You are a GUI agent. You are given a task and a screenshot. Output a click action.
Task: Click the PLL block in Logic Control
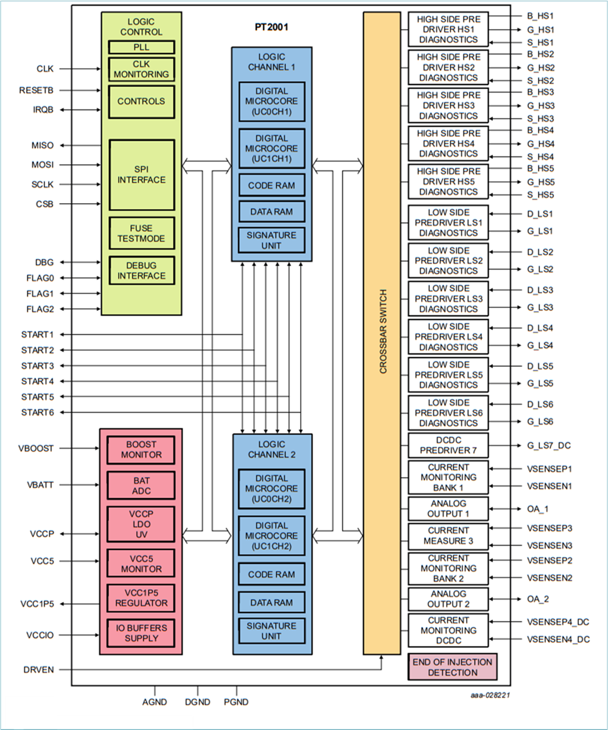(x=141, y=47)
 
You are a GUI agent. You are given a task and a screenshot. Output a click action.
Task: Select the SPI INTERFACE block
(x=141, y=175)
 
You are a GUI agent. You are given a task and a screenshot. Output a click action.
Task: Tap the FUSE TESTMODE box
(x=141, y=233)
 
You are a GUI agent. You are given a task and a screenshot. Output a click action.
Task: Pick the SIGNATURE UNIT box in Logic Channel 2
(x=271, y=630)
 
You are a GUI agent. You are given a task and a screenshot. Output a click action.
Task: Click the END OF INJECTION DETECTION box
(x=452, y=667)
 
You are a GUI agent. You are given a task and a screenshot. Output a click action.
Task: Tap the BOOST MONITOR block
(x=141, y=450)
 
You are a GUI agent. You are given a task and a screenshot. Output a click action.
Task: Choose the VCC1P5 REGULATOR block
(x=141, y=599)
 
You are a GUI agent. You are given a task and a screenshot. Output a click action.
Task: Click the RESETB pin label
(x=37, y=91)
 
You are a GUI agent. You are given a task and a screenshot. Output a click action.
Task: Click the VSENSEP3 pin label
(x=549, y=528)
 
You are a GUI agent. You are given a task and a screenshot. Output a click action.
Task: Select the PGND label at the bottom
(x=236, y=702)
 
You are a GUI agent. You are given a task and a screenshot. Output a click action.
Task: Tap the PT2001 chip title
(x=271, y=27)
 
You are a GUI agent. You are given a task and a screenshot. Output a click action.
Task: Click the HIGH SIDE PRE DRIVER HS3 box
(x=449, y=105)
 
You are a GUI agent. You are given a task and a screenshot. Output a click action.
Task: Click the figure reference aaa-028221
(x=488, y=694)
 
